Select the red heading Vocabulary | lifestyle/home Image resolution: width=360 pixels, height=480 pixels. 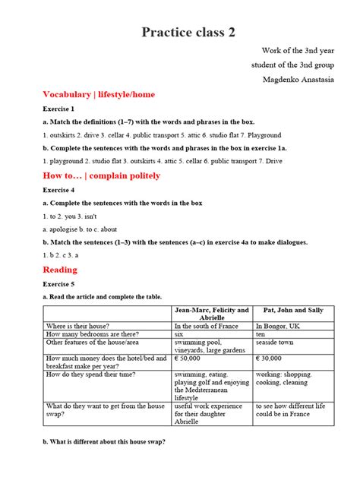pyautogui.click(x=88, y=94)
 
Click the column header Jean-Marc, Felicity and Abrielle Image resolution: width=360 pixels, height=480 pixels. pyautogui.click(x=212, y=314)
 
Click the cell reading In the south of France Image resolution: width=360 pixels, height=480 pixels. pyautogui.click(x=208, y=325)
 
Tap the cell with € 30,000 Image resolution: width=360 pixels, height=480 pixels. pyautogui.click(x=269, y=358)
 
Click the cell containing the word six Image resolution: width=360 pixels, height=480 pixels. pyautogui.click(x=180, y=333)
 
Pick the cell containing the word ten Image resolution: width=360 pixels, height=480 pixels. pyautogui.click(x=261, y=333)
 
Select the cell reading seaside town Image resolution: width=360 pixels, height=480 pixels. pyautogui.click(x=278, y=342)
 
